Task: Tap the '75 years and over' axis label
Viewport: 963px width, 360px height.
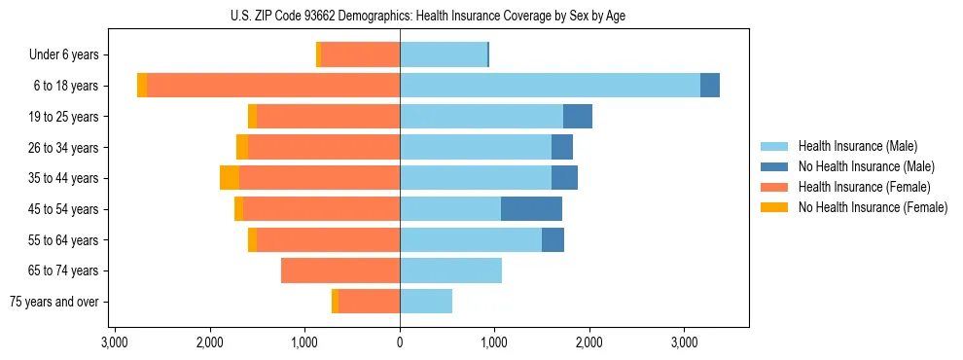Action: point(53,302)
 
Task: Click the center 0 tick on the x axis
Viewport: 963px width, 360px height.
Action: point(400,343)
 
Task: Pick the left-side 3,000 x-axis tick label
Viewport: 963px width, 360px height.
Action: point(115,343)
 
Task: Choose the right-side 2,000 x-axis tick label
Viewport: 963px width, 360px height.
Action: point(589,343)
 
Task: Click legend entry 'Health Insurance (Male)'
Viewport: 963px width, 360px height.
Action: point(857,146)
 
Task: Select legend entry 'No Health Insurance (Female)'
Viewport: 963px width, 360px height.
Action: point(873,207)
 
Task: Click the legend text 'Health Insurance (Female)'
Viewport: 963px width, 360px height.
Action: point(865,187)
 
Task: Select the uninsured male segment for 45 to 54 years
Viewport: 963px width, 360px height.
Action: point(531,209)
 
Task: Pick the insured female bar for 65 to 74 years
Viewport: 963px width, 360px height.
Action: point(340,270)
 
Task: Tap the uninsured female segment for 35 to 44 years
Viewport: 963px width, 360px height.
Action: point(230,178)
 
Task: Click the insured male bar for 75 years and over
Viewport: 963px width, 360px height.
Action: point(426,302)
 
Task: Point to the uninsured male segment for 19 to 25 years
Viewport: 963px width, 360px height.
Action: point(578,117)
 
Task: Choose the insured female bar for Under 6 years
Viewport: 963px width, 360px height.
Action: point(360,55)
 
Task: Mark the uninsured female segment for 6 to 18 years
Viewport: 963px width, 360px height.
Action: point(142,86)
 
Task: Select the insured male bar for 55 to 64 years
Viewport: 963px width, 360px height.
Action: point(471,240)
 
